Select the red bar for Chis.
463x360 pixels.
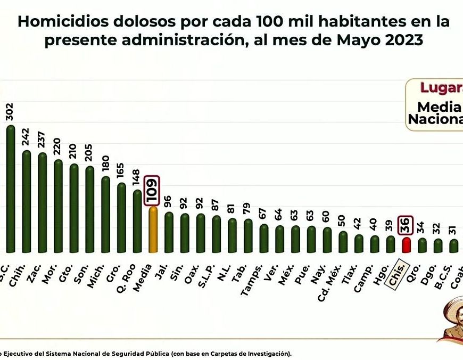point(406,245)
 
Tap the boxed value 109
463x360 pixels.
point(153,190)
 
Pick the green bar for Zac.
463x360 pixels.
point(42,202)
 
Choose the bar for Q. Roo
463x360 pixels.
point(137,221)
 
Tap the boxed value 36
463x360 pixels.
point(406,226)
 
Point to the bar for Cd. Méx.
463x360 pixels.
point(343,242)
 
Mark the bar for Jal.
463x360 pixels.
point(169,232)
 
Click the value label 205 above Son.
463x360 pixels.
point(89,155)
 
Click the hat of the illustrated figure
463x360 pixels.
point(452,306)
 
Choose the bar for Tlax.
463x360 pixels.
point(359,243)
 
